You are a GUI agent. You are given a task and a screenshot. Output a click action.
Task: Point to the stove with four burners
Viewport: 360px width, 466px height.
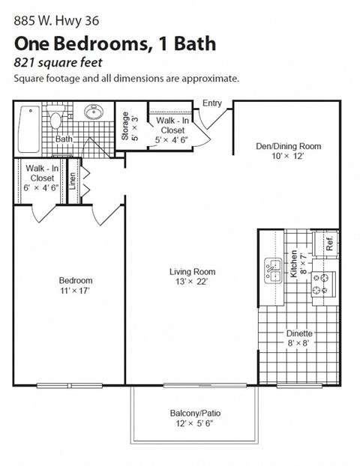click(x=324, y=283)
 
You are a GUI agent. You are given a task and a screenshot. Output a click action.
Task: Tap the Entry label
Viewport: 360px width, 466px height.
click(x=212, y=103)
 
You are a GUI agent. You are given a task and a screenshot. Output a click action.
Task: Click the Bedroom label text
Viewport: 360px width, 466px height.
click(x=76, y=281)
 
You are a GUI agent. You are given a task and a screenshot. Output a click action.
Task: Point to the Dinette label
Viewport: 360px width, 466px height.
click(x=299, y=333)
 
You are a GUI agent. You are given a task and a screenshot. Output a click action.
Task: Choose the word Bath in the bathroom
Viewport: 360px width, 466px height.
click(x=63, y=139)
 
